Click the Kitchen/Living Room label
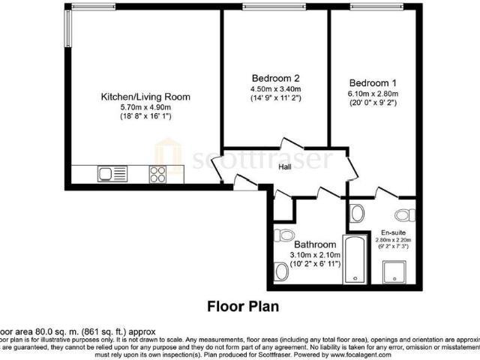(x=145, y=97)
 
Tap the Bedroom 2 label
(x=275, y=78)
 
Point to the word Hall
(x=285, y=167)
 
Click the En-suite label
(x=394, y=232)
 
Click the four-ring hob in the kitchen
(x=158, y=174)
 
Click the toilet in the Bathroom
(x=283, y=235)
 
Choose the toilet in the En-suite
(x=405, y=216)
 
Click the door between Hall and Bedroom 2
(x=289, y=145)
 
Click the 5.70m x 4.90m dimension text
(x=145, y=107)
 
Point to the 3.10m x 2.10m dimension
(x=314, y=256)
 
